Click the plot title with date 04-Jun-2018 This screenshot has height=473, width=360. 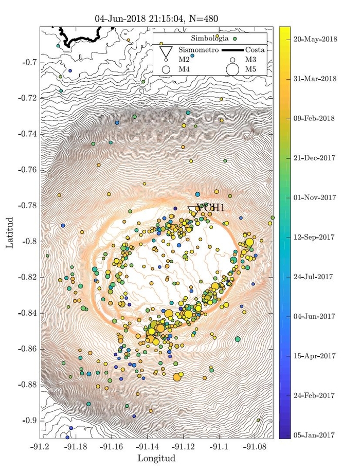click(x=156, y=19)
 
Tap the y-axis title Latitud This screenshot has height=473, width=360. click(x=10, y=232)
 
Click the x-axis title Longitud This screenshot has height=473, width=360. click(x=156, y=458)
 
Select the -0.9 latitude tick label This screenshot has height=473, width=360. click(x=30, y=421)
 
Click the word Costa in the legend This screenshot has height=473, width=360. click(x=256, y=50)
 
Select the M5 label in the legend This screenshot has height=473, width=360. click(x=251, y=69)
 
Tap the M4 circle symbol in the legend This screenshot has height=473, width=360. click(x=166, y=69)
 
